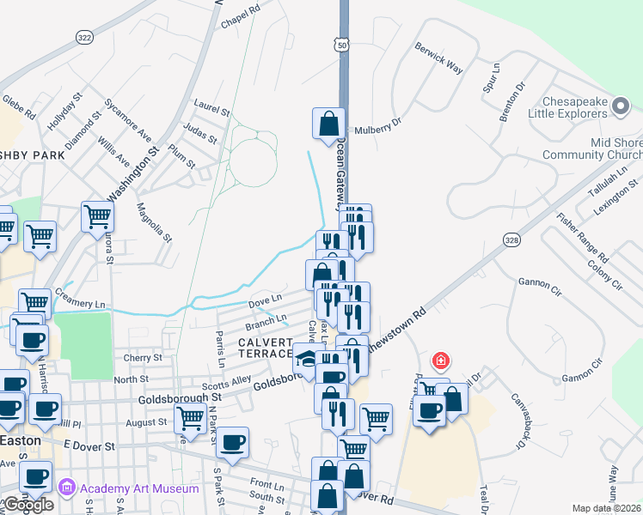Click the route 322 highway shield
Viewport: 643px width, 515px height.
84,37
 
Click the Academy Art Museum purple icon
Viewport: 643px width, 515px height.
66,488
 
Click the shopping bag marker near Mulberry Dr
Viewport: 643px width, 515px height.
328,124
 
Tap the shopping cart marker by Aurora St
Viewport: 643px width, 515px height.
97,216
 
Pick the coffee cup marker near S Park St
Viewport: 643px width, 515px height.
231,443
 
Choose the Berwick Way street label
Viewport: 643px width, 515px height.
438,56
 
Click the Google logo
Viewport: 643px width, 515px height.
29,505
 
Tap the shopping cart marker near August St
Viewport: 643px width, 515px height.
190,419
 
